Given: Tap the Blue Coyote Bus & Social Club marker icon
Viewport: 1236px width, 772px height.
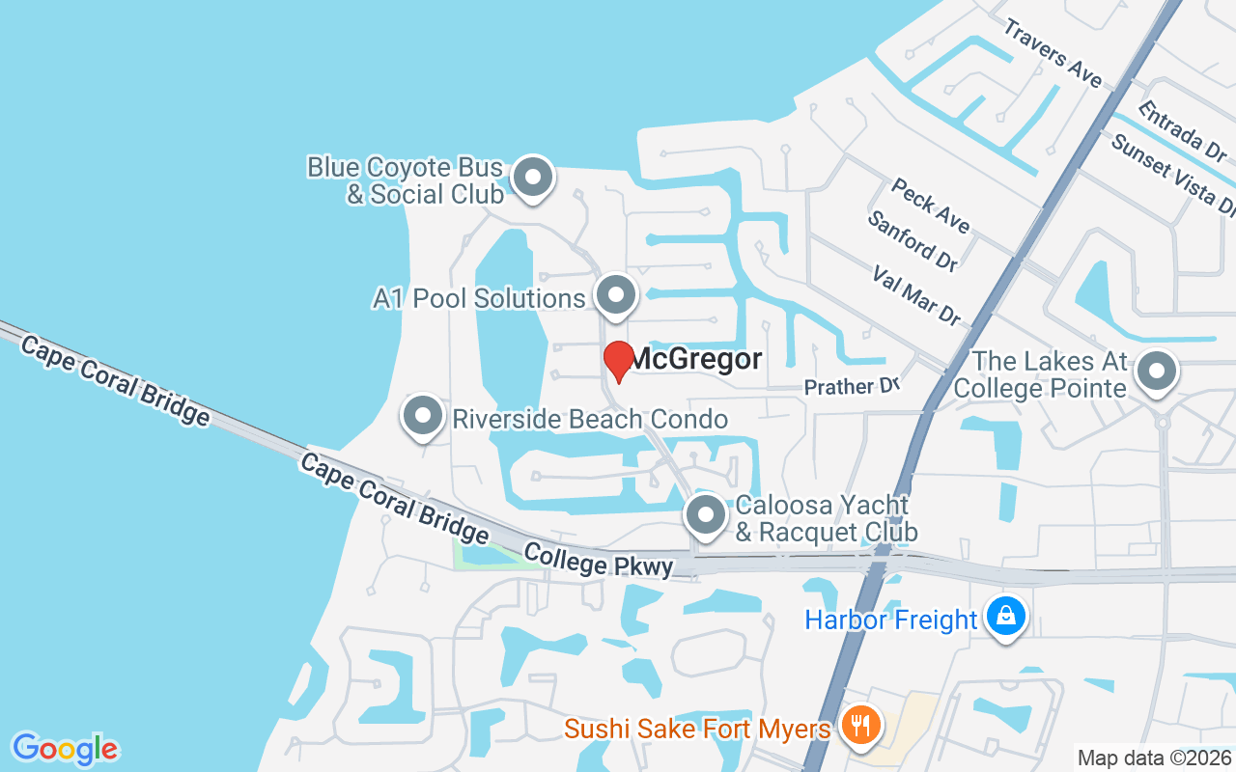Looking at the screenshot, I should point(531,178).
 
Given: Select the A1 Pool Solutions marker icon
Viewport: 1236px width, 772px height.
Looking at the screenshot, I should point(615,295).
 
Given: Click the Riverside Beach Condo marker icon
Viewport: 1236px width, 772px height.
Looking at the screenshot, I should point(421,417).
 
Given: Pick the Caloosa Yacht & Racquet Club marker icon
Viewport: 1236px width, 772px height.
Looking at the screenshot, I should point(706,515).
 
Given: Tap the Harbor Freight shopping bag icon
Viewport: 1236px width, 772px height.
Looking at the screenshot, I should point(1005,614).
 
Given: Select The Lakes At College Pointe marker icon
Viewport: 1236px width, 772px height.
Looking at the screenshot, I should point(1156,371).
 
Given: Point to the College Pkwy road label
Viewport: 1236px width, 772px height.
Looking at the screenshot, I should point(599,561).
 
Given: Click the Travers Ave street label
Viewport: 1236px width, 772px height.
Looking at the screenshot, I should point(1052,52).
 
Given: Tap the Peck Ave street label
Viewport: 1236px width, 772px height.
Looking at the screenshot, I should point(930,205).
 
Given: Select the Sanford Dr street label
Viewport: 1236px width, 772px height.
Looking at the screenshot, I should point(912,240).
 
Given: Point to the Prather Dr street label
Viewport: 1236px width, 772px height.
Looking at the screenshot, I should point(852,386).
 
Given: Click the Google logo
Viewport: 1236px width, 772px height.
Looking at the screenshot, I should point(66,749).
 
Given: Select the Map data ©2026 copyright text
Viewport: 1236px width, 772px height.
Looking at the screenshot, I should point(1154,758).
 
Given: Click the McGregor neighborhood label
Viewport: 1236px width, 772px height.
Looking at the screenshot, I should point(695,360).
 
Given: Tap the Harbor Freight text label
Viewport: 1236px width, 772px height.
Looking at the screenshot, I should point(890,619).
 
